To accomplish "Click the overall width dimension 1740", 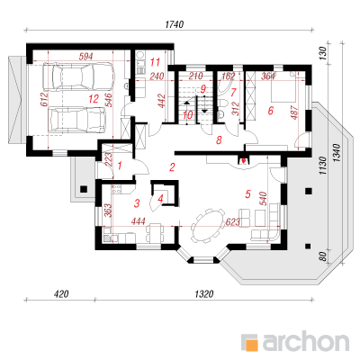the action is [175, 24].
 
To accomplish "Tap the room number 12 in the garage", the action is [94, 99].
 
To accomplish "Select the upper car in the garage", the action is [78, 76].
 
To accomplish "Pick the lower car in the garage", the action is [78, 120].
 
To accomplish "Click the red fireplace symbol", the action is [244, 161].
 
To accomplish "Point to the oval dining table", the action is [208, 225].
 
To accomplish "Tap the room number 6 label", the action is [270, 111].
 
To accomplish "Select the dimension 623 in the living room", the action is [233, 222].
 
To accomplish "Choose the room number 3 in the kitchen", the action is [137, 203].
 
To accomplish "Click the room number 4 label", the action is [160, 199].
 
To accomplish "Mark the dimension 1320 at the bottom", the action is [204, 293].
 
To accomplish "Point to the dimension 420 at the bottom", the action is [61, 293].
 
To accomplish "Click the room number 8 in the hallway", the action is [219, 139].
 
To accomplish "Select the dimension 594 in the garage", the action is [85, 57].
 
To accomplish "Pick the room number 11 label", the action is [156, 62].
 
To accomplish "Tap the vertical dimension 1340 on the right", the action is [337, 153].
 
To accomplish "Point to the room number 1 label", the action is [120, 166].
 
